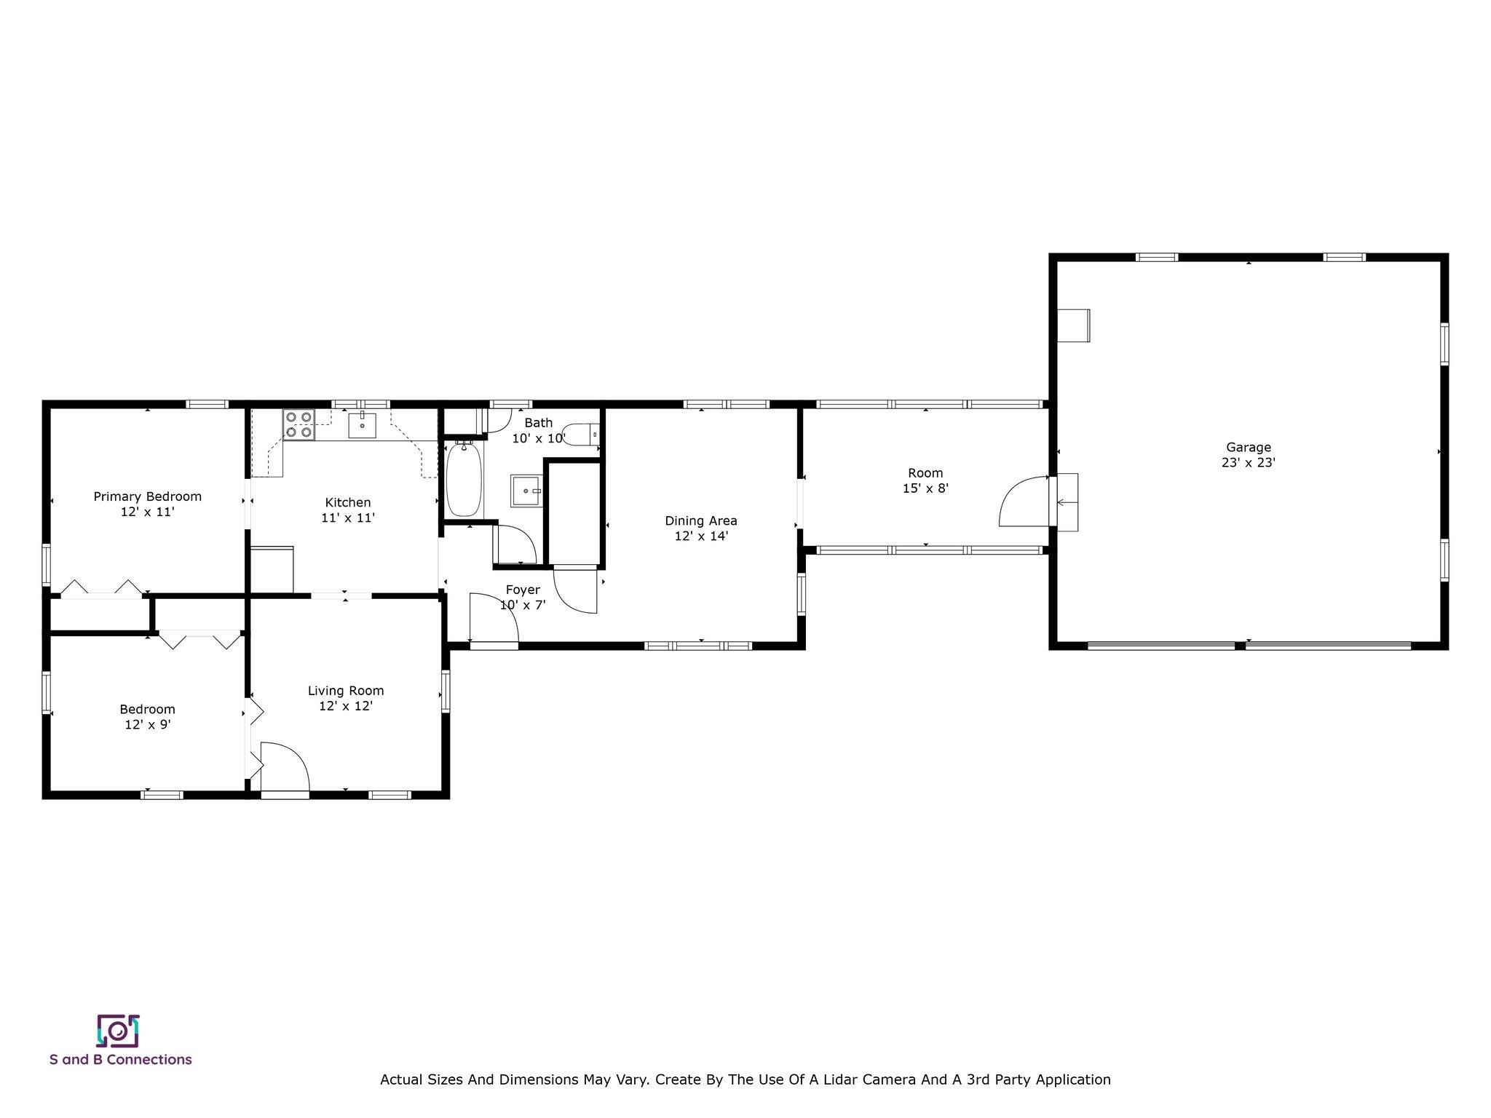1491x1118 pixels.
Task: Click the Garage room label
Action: (1248, 448)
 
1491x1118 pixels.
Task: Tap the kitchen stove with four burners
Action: (298, 425)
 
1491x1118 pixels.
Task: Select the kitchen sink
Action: (362, 424)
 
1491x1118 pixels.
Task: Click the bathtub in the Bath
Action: (464, 479)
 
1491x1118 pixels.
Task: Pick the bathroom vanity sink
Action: (527, 491)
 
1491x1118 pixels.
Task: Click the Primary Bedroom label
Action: (148, 496)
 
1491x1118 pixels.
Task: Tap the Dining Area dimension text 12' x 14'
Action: (701, 536)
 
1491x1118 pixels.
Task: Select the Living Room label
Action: (346, 691)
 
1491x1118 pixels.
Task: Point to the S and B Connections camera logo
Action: (118, 1031)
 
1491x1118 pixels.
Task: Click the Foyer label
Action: (523, 590)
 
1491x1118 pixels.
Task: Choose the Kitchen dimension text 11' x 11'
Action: (348, 518)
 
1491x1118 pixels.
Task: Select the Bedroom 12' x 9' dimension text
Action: (148, 725)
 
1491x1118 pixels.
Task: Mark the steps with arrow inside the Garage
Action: (1067, 502)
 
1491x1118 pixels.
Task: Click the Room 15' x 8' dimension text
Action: (925, 488)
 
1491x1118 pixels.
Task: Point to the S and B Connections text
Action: (121, 1060)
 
